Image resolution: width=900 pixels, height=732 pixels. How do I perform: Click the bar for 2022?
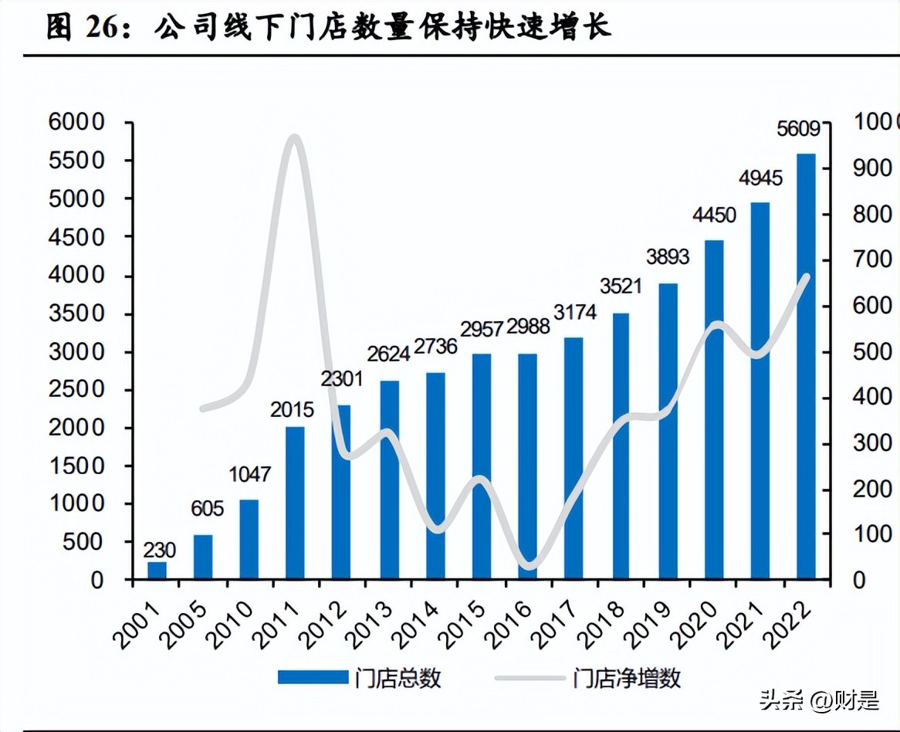806,367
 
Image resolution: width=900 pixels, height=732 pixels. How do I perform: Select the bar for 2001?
157,571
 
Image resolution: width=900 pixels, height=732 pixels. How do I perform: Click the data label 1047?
249,473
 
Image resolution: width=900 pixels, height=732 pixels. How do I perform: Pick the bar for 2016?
527,466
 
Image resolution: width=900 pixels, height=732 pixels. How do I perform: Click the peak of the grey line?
293,138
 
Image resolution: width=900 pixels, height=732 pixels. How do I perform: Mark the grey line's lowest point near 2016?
528,566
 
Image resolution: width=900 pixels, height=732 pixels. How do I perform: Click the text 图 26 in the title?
82,27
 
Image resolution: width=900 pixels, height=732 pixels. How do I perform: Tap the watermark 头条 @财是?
819,700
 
